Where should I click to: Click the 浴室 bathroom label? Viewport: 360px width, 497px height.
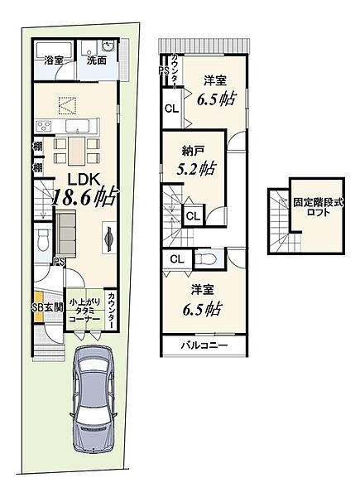pyautogui.click(x=54, y=60)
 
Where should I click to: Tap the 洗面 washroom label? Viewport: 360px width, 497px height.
pyautogui.click(x=97, y=60)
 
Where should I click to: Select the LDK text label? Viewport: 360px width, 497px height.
pyautogui.click(x=85, y=180)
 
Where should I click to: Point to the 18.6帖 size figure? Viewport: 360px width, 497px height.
pyautogui.click(x=84, y=197)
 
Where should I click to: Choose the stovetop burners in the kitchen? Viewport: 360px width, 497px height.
pyautogui.click(x=44, y=127)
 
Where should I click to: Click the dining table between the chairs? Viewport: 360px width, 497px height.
pyautogui.click(x=76, y=151)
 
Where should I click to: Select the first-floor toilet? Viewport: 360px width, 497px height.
pyautogui.click(x=42, y=240)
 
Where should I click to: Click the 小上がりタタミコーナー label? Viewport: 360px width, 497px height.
pyautogui.click(x=84, y=311)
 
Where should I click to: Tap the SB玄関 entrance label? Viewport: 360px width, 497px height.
pyautogui.click(x=47, y=306)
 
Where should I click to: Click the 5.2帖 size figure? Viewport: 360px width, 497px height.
pyautogui.click(x=196, y=169)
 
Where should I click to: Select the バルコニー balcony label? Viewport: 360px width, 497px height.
pyautogui.click(x=204, y=345)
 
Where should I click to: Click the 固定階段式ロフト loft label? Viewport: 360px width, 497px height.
pyautogui.click(x=318, y=207)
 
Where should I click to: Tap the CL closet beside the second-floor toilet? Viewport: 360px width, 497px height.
pyautogui.click(x=177, y=259)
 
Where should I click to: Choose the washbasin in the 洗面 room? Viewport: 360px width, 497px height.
pyautogui.click(x=108, y=46)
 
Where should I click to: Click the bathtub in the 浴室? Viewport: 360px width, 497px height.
pyautogui.click(x=54, y=49)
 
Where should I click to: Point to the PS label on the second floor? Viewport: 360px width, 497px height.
pyautogui.click(x=164, y=70)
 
